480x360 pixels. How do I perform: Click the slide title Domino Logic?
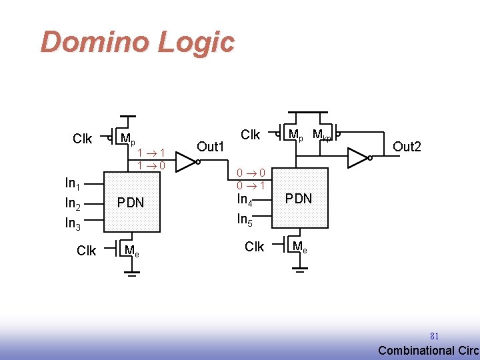click(x=137, y=42)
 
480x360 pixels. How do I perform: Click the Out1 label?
click(x=211, y=147)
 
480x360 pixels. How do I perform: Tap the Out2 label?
click(x=407, y=146)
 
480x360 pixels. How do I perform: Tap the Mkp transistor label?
click(x=323, y=136)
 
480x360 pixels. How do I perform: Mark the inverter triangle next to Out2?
click(x=357, y=157)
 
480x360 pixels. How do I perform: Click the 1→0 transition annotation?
click(x=151, y=165)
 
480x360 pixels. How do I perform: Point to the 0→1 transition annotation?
click(x=253, y=185)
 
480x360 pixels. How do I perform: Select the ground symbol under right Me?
click(x=300, y=269)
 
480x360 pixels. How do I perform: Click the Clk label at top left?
click(x=83, y=139)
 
